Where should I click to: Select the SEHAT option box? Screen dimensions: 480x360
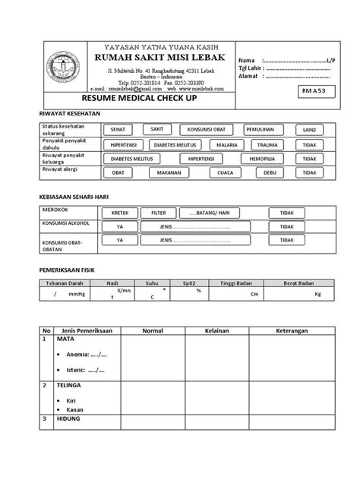coord(119,129)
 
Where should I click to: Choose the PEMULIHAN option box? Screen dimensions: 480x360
coord(264,129)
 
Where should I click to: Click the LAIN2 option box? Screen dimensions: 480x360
coord(308,130)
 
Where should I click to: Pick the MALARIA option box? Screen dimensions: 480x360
coord(226,144)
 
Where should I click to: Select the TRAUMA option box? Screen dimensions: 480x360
coord(267,144)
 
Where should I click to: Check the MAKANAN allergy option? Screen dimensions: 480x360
coord(169,172)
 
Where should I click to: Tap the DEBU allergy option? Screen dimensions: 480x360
coord(270,172)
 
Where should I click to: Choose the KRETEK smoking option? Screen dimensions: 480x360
coord(120,213)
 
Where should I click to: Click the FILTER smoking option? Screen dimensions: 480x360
coord(158,213)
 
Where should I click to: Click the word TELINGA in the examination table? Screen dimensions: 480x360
coord(68,385)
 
